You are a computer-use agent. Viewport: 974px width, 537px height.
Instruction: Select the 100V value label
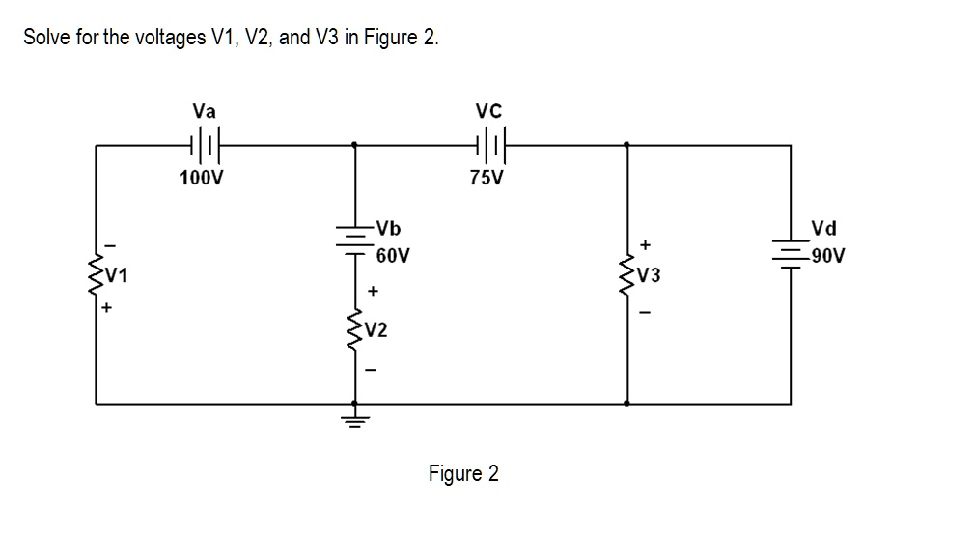point(202,178)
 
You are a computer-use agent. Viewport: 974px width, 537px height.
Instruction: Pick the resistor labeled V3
point(627,274)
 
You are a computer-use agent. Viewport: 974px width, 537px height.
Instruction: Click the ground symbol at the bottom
point(355,418)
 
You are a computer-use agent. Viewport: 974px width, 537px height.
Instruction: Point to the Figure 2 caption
point(463,474)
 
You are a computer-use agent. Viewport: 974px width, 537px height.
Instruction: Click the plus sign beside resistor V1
point(108,309)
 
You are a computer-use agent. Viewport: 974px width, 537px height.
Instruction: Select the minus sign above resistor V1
point(108,242)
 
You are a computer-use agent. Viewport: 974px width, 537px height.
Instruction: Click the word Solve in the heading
point(45,38)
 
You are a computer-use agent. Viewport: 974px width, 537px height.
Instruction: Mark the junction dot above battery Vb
point(355,145)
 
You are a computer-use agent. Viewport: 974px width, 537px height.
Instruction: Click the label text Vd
point(823,229)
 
